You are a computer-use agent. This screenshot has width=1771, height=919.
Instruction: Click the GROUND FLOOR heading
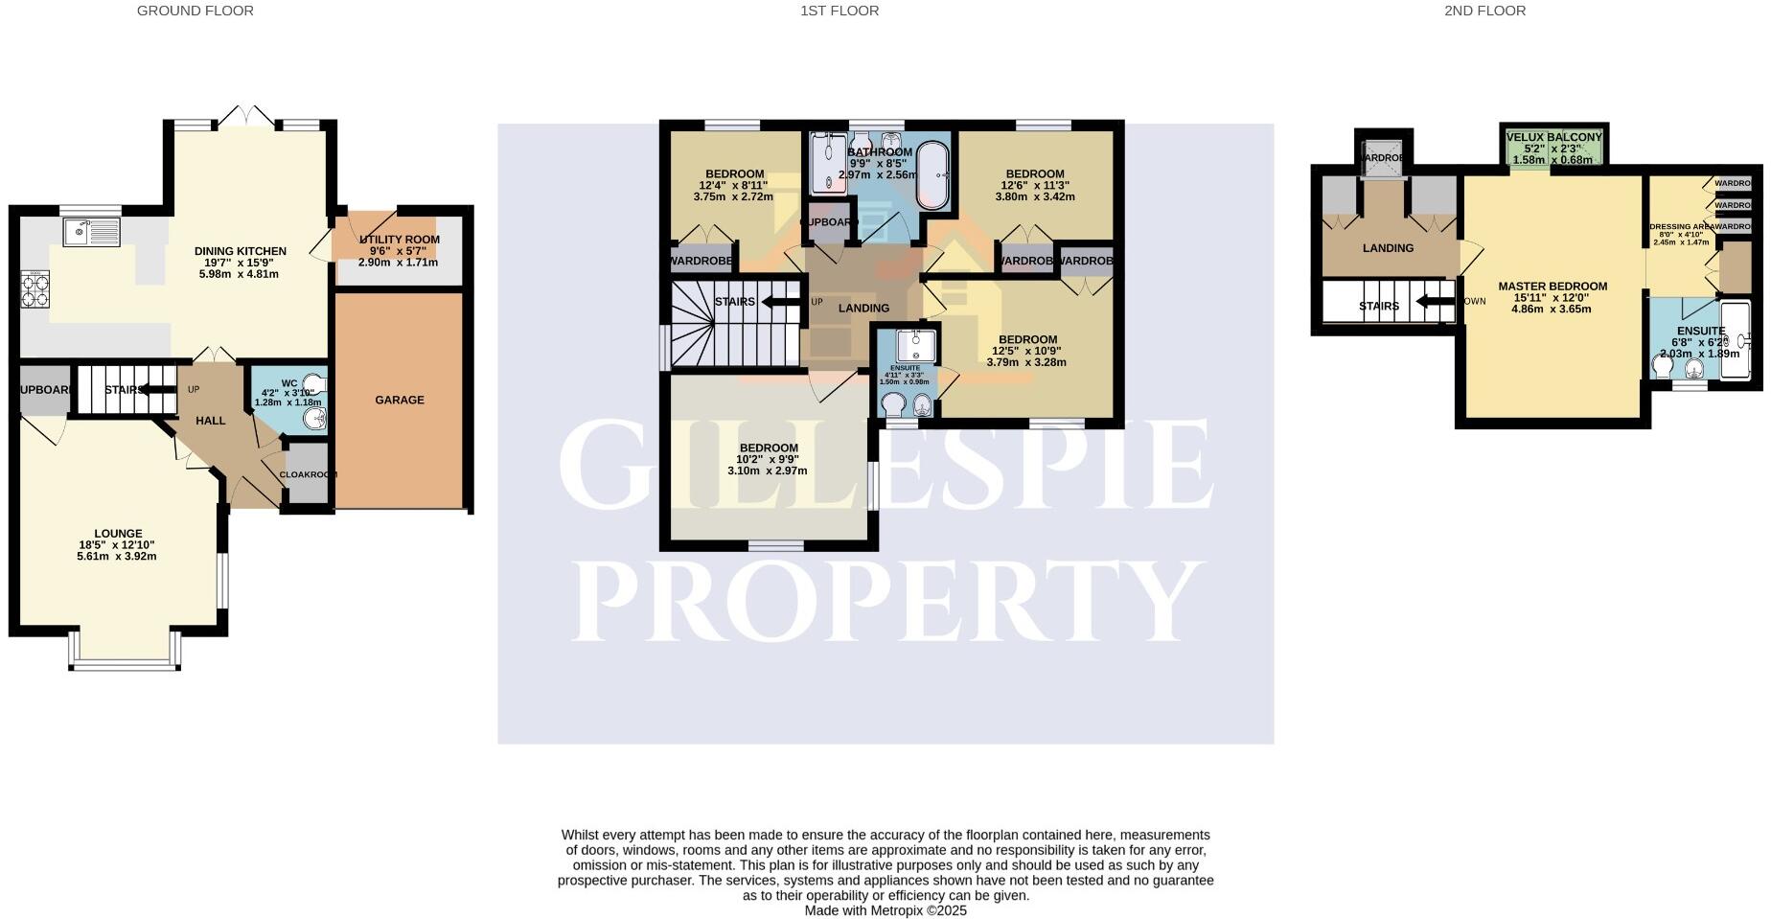click(x=195, y=11)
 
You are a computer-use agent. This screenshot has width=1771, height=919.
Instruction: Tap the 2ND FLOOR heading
click(x=1484, y=11)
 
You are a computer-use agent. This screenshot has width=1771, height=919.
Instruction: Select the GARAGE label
click(x=400, y=400)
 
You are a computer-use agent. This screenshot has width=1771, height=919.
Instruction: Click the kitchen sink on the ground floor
click(x=91, y=232)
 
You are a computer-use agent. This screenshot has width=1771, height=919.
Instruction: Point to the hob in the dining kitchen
click(x=34, y=289)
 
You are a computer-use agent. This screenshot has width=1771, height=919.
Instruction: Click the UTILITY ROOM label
click(x=400, y=240)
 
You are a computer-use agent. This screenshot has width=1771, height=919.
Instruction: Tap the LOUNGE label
click(x=118, y=534)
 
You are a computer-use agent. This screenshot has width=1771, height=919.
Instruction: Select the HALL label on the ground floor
click(x=211, y=421)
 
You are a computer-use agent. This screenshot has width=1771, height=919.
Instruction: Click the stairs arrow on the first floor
click(x=781, y=303)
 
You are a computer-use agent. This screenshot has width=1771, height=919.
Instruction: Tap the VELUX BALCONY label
click(x=1553, y=137)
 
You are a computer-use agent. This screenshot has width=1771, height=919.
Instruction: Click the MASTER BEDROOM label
click(x=1552, y=287)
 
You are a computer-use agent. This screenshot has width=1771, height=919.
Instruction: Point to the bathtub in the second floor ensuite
click(x=1736, y=341)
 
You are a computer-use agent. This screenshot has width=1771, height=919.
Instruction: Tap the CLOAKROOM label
click(x=308, y=474)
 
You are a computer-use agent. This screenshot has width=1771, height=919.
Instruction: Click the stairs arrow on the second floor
click(x=1433, y=306)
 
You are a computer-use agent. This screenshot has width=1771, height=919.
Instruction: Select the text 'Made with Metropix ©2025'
click(x=885, y=911)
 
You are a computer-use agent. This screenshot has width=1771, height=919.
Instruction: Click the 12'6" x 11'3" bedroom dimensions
click(x=1035, y=186)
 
